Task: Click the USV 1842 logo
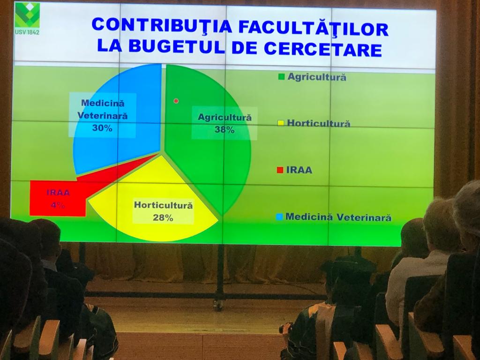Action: point(28,18)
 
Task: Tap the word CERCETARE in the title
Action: point(322,49)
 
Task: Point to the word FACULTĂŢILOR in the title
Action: point(314,28)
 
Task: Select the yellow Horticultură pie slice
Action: point(153,199)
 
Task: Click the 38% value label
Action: point(225,130)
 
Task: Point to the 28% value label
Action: point(163,217)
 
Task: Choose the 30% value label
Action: point(102,128)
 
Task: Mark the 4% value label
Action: point(58,205)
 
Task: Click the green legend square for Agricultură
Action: point(281,76)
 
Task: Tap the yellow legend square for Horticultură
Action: point(281,123)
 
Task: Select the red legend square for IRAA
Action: point(280,170)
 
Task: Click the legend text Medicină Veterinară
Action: point(338,217)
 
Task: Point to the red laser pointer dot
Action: point(176,101)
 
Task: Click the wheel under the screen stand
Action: point(218,305)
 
